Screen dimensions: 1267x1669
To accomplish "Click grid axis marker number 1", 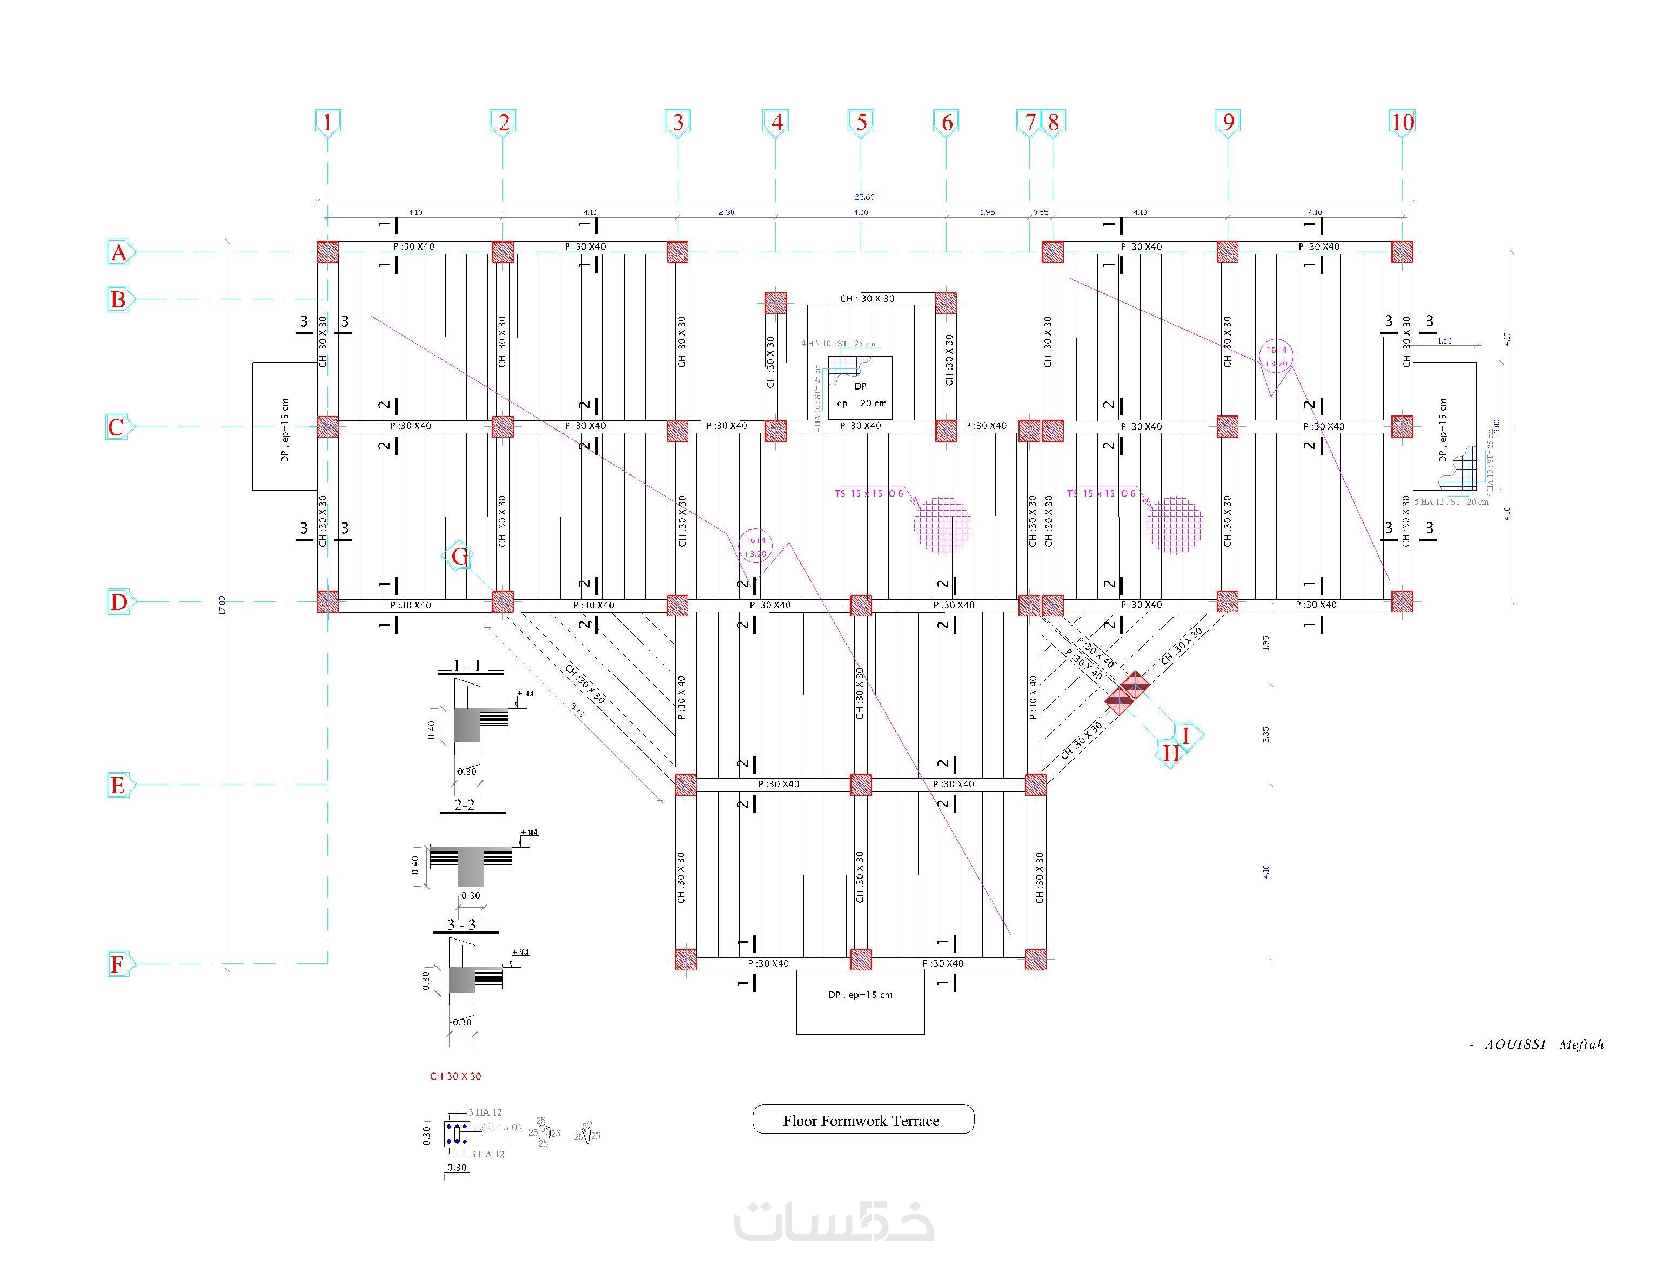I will [327, 122].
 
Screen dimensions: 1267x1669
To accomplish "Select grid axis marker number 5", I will [861, 122].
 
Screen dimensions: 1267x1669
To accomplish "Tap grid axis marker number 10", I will [1402, 122].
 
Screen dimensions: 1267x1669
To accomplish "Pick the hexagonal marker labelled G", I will [459, 558].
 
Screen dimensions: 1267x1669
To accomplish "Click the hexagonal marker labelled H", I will [1170, 753].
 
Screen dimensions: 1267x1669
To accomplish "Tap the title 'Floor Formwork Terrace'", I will [862, 1121].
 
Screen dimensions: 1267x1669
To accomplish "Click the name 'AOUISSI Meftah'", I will [1544, 1044].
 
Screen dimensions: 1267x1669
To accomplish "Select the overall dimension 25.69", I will [864, 197].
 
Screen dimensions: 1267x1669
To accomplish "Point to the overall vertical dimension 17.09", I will [222, 605].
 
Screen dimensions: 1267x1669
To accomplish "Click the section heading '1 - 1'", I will [467, 666].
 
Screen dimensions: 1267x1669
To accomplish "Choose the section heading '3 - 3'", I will [462, 925].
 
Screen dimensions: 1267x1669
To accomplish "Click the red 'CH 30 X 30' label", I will [455, 1076].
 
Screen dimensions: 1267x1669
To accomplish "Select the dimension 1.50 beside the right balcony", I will [1444, 341].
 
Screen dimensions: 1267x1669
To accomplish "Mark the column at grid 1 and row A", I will [327, 252].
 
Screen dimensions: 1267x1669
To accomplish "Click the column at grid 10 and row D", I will [1402, 601].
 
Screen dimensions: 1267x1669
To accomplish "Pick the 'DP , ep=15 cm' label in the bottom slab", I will [860, 995].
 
